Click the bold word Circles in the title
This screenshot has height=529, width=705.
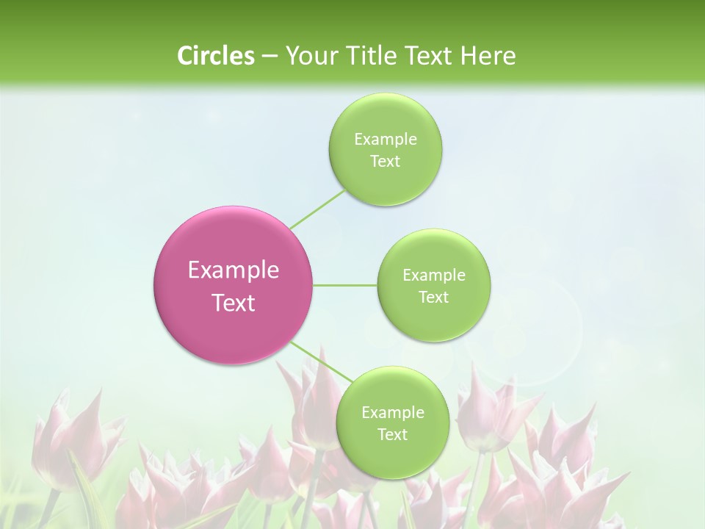click(215, 55)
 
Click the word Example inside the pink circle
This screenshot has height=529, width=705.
click(234, 270)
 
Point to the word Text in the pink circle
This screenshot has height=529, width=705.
click(234, 303)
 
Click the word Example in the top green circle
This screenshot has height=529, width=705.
click(385, 140)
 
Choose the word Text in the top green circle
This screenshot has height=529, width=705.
click(385, 162)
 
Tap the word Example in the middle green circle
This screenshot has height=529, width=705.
click(433, 276)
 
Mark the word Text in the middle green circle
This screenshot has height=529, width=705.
click(433, 298)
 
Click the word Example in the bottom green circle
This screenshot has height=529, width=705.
click(392, 413)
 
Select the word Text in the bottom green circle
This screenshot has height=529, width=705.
click(392, 435)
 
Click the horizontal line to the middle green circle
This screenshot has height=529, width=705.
click(345, 285)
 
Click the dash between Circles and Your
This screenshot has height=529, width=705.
click(269, 56)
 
